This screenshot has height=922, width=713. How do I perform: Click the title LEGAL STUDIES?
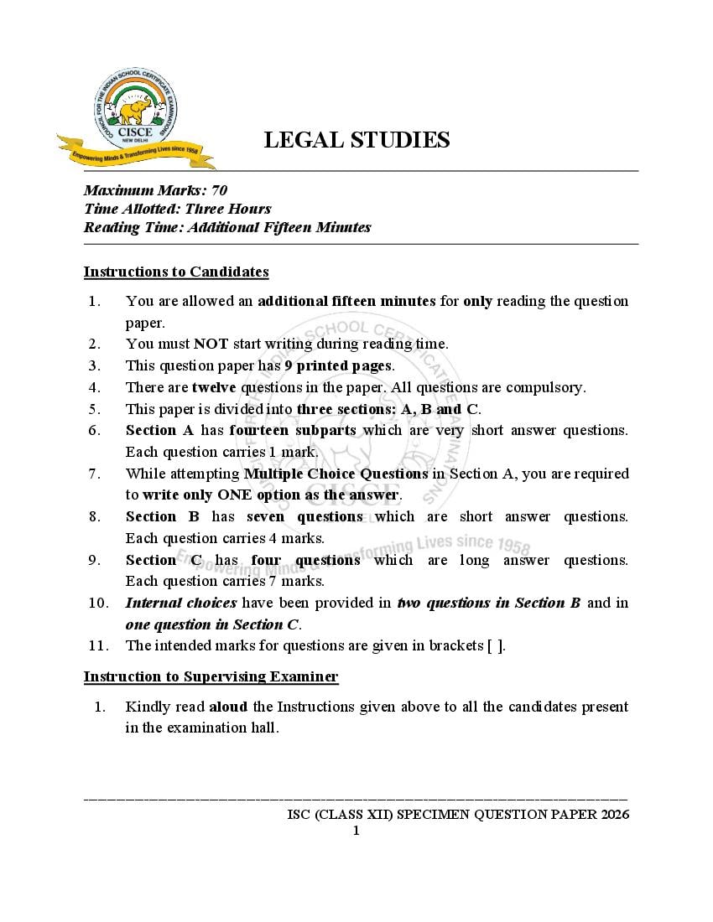[x=356, y=140]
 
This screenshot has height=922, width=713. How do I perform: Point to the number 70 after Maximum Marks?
[x=220, y=190]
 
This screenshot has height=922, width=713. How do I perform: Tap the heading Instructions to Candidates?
[x=176, y=272]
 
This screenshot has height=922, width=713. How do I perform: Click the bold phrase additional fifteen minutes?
[x=346, y=301]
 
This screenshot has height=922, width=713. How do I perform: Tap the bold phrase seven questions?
[x=304, y=516]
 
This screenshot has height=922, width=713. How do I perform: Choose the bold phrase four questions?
[x=305, y=560]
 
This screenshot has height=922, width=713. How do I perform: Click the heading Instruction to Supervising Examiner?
[x=211, y=676]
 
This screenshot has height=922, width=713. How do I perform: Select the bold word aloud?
[x=228, y=707]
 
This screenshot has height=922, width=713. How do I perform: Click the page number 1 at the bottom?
[x=356, y=831]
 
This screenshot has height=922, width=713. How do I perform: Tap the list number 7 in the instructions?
[x=95, y=474]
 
